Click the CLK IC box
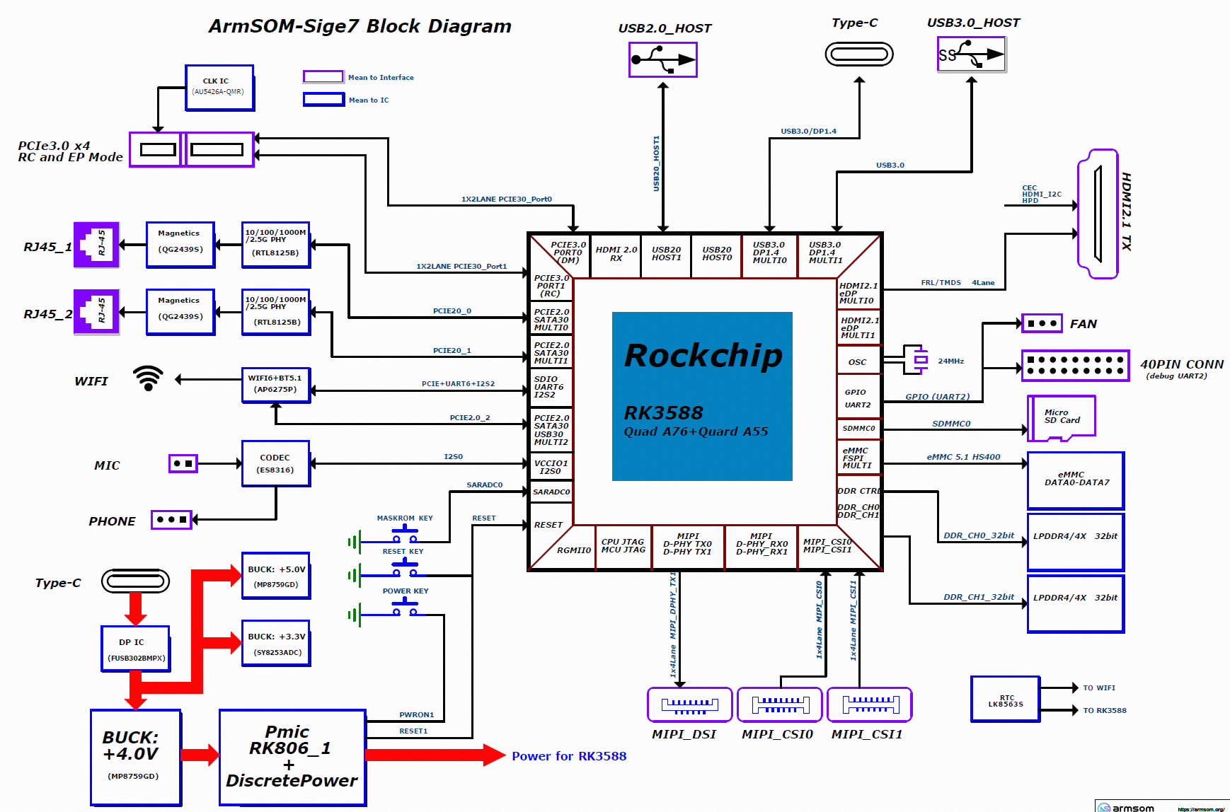[x=219, y=88]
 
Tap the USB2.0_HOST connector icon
[x=663, y=59]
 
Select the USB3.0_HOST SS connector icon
[x=972, y=54]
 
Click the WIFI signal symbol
[x=148, y=378]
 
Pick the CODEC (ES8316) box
[x=275, y=464]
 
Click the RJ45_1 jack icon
[x=97, y=245]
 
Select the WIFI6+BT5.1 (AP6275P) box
[x=276, y=385]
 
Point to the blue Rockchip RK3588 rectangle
[x=701, y=396]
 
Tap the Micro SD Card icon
[x=1061, y=418]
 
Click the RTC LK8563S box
[x=1006, y=700]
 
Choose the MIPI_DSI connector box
[x=689, y=704]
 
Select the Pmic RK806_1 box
[x=292, y=757]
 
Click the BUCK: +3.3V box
[x=276, y=644]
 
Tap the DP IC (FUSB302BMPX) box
[x=135, y=649]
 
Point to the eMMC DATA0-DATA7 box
[x=1076, y=480]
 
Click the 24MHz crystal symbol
[x=920, y=360]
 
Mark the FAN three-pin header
[x=1042, y=324]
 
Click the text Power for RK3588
[x=569, y=756]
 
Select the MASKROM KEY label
[x=404, y=518]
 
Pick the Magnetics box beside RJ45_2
[x=180, y=311]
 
